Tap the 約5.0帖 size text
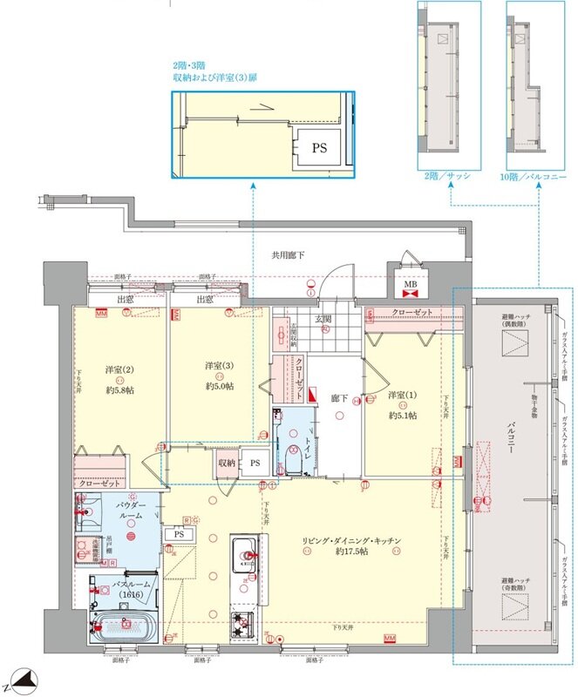pyautogui.click(x=217, y=386)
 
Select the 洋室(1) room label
pyautogui.click(x=402, y=396)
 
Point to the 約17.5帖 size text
pyautogui.click(x=352, y=552)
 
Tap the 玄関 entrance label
pyautogui.click(x=323, y=320)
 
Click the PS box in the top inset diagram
pyautogui.click(x=319, y=148)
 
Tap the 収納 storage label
pyautogui.click(x=227, y=463)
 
